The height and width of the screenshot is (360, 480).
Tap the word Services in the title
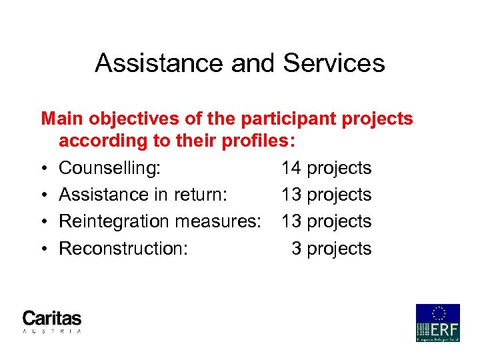334,63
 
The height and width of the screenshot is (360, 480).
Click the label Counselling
109,168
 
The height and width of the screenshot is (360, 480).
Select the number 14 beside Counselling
291,168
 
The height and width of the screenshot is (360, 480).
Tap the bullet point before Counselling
43,169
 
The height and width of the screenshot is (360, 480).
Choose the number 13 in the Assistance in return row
291,195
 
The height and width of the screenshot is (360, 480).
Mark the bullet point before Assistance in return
43,195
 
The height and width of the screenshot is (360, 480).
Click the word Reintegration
117,221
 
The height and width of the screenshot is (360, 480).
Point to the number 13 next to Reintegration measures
291,221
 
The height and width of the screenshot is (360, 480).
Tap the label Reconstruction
123,249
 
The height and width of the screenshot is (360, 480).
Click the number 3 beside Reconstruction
296,249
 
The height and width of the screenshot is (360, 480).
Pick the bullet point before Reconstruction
43,249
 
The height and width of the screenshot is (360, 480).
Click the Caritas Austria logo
52,321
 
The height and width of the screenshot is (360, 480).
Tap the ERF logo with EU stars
438,323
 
